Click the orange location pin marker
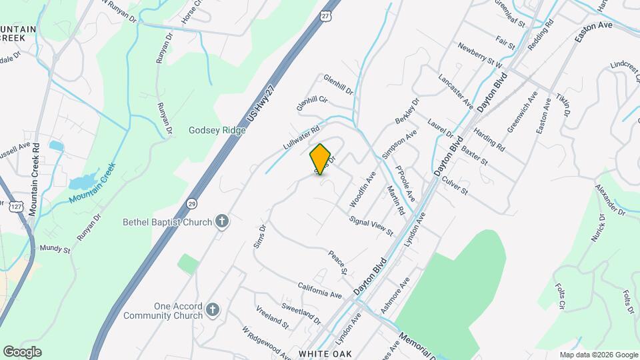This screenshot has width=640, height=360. (x=321, y=159)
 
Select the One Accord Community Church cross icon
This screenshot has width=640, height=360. (x=212, y=309)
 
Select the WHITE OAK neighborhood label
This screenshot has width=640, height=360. (x=324, y=353)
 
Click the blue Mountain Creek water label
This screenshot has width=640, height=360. (x=92, y=183)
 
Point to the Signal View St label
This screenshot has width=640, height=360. (x=371, y=225)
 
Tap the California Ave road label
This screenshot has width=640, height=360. (x=320, y=290)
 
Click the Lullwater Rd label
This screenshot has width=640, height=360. (x=301, y=136)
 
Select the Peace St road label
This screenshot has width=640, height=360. (x=337, y=262)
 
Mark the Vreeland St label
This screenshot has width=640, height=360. (x=273, y=317)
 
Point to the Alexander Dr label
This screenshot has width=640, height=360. (x=610, y=201)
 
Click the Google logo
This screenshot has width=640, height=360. (x=22, y=351)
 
